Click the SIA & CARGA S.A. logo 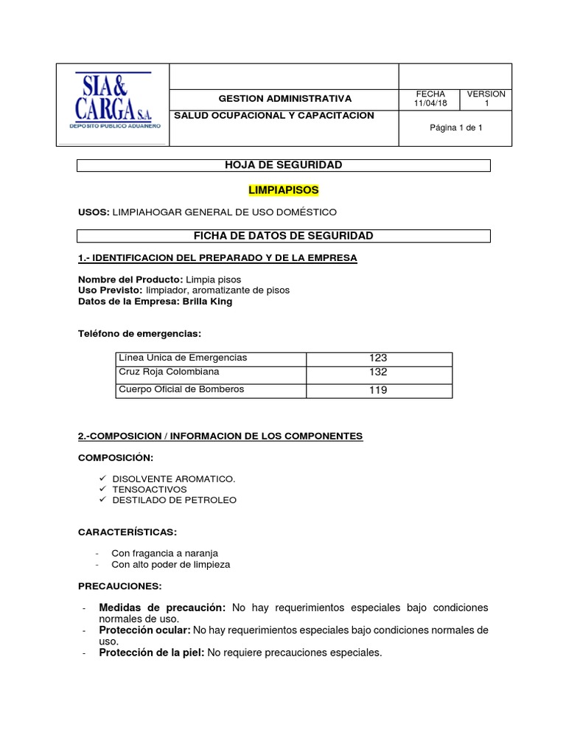pos(113,102)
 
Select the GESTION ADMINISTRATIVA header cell pos(285,99)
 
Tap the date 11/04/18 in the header pos(431,104)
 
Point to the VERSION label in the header pos(486,94)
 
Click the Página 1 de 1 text pos(456,128)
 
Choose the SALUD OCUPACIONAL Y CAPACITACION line pos(273,116)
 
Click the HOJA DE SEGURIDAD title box pos(284,165)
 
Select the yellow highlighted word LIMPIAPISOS pos(284,190)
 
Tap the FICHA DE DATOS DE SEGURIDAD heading pos(284,236)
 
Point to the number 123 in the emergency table pos(378,358)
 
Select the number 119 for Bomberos pos(378,390)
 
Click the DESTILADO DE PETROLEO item pos(174,500)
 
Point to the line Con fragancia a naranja pos(164,553)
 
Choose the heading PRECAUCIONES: pos(119,586)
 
